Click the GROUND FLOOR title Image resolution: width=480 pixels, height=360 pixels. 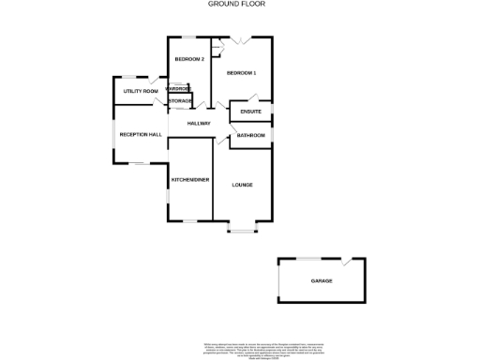click(235, 4)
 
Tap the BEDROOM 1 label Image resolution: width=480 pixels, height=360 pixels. click(241, 72)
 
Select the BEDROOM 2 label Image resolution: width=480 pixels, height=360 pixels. click(189, 60)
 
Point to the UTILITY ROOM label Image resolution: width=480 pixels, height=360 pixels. click(141, 91)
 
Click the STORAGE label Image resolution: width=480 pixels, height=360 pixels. click(180, 100)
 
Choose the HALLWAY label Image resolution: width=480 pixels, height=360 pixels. click(199, 123)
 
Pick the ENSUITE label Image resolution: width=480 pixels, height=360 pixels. click(250, 112)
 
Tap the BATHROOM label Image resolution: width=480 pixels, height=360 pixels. click(250, 136)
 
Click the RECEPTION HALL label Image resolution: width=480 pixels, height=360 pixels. click(141, 135)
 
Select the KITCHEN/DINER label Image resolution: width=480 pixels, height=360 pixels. click(189, 178)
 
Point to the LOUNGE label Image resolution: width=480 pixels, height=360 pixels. click(242, 185)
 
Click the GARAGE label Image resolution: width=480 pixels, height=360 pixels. click(322, 280)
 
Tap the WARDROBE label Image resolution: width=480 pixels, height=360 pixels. click(178, 89)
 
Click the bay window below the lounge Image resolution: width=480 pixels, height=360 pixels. click(242, 229)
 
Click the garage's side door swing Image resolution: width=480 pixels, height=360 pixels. click(349, 263)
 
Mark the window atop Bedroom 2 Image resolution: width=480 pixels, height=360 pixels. click(188, 37)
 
